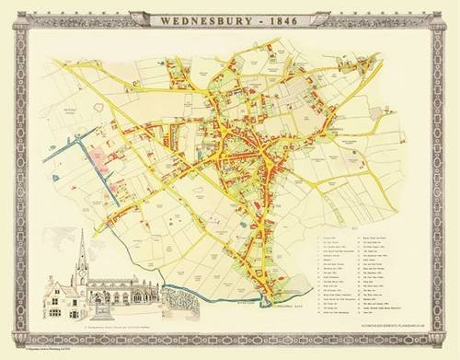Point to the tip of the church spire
(x=81, y=232)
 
